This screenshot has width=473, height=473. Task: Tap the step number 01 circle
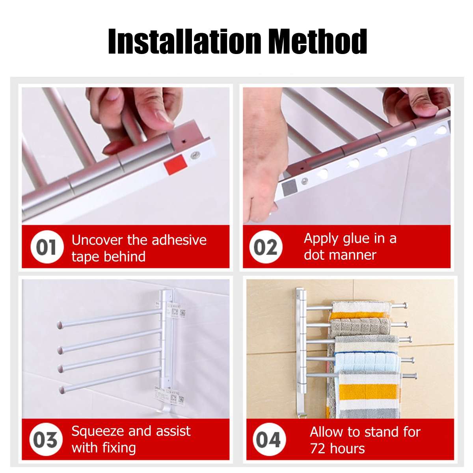coord(47,248)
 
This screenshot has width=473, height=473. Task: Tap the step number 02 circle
coord(265,248)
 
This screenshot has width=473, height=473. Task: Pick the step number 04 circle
coord(268,440)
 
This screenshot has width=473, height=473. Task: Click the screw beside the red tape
coord(195,155)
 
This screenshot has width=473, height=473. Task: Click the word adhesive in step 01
coord(179,240)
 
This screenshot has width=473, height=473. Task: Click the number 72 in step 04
coord(318,449)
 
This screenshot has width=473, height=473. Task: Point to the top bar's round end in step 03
coord(60,325)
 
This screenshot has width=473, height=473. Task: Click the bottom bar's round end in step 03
coord(62,390)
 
